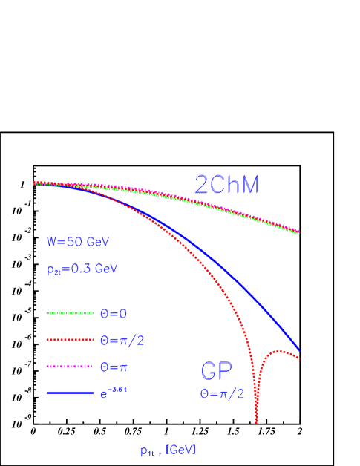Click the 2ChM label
click(226, 185)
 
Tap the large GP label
click(217, 372)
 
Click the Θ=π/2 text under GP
click(221, 394)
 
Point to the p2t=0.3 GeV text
click(82, 269)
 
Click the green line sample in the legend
click(70, 313)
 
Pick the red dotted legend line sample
click(70, 340)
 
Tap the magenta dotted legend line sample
click(70, 367)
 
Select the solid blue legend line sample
click(70, 393)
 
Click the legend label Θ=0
click(114, 313)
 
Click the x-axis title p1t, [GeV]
click(168, 450)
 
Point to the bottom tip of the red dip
click(257, 422)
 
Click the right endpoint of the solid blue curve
click(299, 349)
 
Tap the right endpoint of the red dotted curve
click(299, 359)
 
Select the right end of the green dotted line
click(298, 234)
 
